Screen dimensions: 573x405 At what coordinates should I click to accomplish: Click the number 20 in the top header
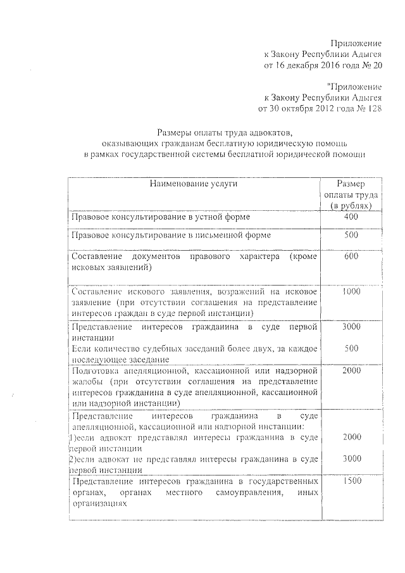click(377, 65)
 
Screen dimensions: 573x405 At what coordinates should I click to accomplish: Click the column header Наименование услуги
click(194, 184)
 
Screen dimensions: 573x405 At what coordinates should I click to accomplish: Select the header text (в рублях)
click(352, 206)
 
